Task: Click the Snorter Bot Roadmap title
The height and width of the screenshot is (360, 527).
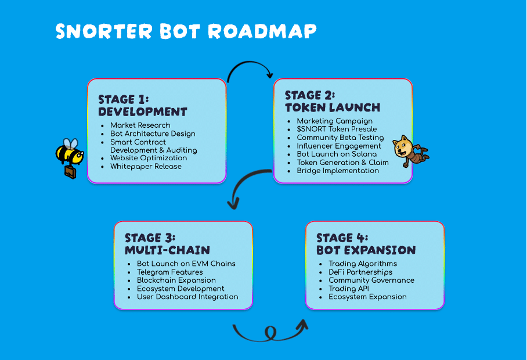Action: click(186, 31)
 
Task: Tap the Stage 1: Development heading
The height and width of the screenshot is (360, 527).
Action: click(143, 105)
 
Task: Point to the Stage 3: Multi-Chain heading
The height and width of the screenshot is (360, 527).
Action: click(167, 244)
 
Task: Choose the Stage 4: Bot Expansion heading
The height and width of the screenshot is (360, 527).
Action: click(366, 244)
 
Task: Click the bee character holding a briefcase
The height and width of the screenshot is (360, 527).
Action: click(69, 154)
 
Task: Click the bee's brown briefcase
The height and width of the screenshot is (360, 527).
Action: click(70, 172)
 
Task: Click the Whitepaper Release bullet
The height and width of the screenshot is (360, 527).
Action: click(146, 167)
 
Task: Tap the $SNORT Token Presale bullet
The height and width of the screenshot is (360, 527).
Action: click(337, 129)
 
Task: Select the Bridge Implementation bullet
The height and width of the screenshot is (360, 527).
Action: click(338, 171)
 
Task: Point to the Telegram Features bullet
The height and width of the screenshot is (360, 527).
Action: click(170, 272)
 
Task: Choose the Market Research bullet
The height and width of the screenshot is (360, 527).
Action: click(140, 125)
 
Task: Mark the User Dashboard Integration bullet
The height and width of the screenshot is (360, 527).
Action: click(187, 297)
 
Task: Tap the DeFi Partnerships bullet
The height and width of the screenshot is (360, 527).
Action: click(360, 272)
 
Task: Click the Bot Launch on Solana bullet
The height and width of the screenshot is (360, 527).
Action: click(337, 154)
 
